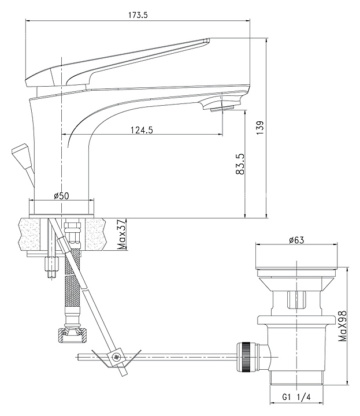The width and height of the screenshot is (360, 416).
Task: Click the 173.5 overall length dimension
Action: pos(138,15)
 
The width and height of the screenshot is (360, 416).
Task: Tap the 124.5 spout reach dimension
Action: pos(142,130)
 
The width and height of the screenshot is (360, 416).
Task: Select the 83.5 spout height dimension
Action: pos(240,164)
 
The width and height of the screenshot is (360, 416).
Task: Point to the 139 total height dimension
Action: pos(261,127)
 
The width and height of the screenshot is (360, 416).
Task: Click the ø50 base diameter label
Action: pos(61,196)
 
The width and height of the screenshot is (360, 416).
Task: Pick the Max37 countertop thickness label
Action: pos(121,234)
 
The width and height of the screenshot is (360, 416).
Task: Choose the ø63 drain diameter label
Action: pos(296,240)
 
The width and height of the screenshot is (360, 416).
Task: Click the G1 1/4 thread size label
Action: pos(296,397)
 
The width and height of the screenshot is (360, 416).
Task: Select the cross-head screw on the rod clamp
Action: pos(116,357)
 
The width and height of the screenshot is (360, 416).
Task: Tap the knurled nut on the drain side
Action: pos(246,357)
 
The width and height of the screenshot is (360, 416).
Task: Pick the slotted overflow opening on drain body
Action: pos(296,300)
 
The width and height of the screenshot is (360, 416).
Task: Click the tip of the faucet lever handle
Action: pos(207,40)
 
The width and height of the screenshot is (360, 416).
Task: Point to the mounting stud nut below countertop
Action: pos(52,263)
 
